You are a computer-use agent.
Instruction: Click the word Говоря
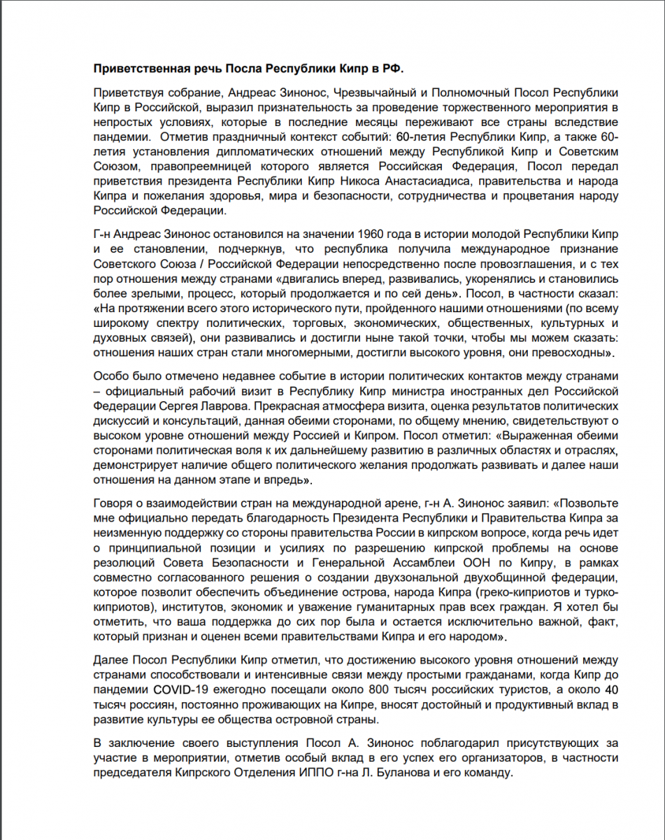(113, 503)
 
